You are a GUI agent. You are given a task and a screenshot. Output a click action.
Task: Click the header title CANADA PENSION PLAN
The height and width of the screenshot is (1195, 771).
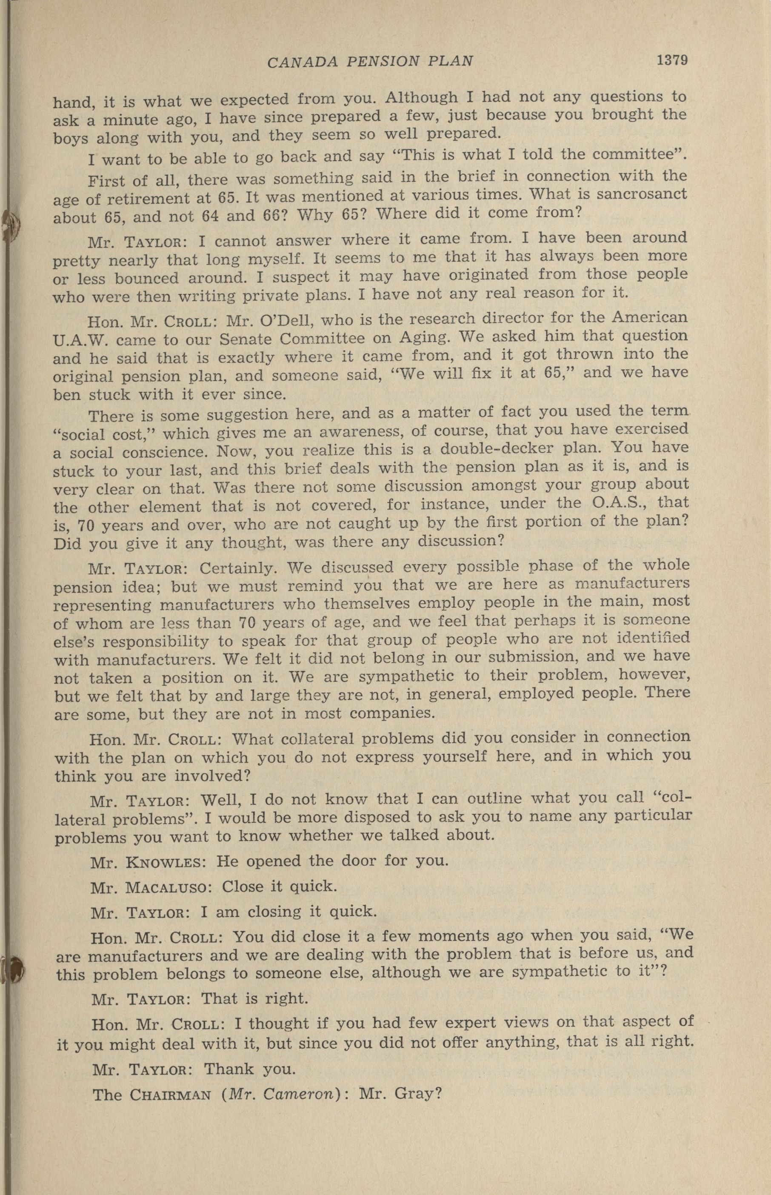coord(370,62)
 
